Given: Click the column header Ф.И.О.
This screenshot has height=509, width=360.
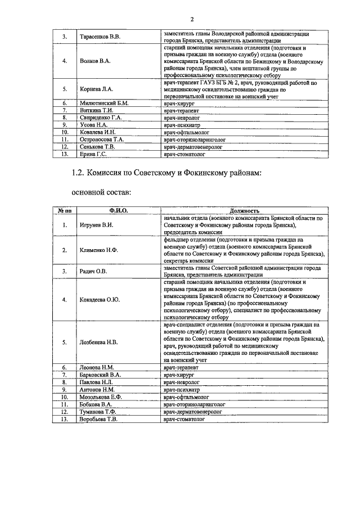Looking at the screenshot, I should tap(119, 210).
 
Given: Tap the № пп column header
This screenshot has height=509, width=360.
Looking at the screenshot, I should tap(65, 210).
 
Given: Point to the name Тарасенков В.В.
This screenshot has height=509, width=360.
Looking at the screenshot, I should tap(100, 37).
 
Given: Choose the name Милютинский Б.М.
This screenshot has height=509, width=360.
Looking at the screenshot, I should tap(104, 103).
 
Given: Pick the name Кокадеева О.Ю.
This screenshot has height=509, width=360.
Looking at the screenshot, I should tap(100, 300).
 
